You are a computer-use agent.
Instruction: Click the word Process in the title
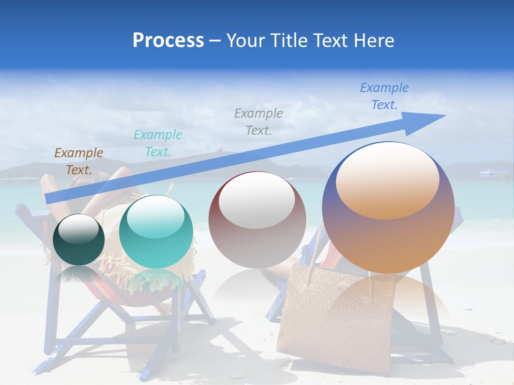(168, 41)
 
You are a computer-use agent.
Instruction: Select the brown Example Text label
(78, 161)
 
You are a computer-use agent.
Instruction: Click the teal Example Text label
(157, 143)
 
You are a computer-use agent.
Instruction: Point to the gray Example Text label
(259, 121)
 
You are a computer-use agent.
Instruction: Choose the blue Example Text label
(384, 96)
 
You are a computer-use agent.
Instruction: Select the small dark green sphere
(79, 240)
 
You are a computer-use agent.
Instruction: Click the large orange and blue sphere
(388, 209)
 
